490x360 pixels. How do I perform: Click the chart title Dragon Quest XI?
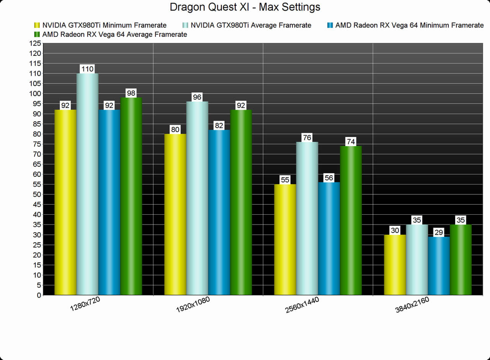pos(245,7)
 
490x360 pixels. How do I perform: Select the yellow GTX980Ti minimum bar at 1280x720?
pos(65,203)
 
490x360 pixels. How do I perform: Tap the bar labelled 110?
pos(87,184)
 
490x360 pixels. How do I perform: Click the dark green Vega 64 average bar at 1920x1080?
pos(241,203)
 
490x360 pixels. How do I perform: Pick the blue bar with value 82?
pos(219,212)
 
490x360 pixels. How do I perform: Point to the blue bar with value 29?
pos(439,266)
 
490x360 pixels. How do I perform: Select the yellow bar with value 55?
pos(285,239)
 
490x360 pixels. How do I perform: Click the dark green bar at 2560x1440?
pos(351,220)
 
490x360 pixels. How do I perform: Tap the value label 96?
pos(197,97)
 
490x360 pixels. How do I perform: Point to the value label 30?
pos(395,230)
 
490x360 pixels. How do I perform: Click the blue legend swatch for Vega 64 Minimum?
pos(330,25)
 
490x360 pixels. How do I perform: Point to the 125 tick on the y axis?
pos(35,43)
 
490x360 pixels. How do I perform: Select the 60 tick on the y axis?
pos(37,174)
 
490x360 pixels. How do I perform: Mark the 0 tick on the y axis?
pos(38,295)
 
